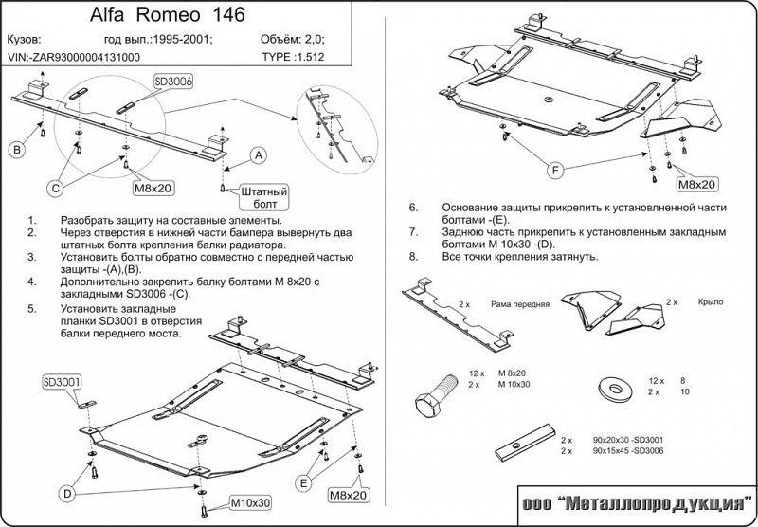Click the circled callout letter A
258,156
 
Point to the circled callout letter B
17,149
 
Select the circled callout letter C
56,189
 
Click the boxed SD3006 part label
173,83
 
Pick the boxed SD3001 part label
62,382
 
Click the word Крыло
708,300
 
